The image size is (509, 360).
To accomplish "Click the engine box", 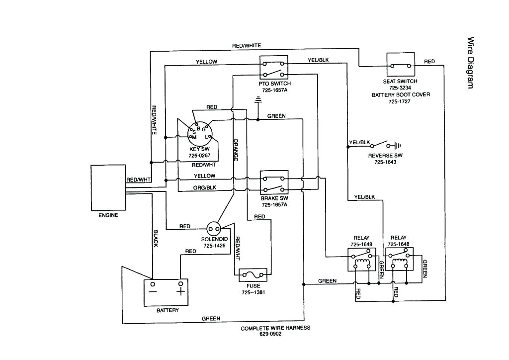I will click(x=107, y=188).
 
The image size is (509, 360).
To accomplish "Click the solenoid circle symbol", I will click(x=214, y=229).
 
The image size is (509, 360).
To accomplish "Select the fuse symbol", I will click(x=253, y=274).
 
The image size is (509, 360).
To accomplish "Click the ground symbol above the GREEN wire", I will click(x=257, y=102).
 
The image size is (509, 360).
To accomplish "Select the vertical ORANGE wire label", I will click(x=236, y=149).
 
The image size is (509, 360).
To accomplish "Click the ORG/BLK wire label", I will click(x=204, y=187).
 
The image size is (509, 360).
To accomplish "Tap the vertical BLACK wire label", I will click(x=155, y=238).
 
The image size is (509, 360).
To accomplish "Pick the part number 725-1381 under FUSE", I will click(x=254, y=292).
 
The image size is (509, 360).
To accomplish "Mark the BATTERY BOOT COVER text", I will click(x=401, y=94).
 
